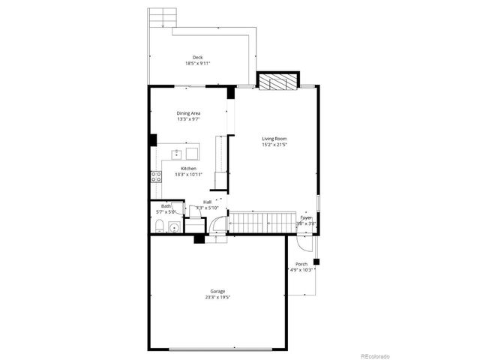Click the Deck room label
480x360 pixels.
[x=197, y=58]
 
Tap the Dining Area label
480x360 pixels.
[x=188, y=113]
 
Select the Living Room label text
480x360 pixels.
[x=274, y=139]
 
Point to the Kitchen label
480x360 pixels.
[x=188, y=169]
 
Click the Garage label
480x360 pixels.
[x=217, y=291]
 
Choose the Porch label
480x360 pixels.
[x=301, y=264]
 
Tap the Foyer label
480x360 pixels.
[x=306, y=217]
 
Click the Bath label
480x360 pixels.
[x=166, y=206]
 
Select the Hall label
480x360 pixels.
[x=207, y=202]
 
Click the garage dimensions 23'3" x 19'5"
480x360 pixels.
[x=217, y=298]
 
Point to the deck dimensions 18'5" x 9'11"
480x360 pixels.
[x=197, y=64]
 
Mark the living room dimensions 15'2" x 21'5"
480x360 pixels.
[x=274, y=145]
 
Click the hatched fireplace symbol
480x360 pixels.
[x=278, y=81]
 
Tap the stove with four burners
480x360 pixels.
[x=157, y=177]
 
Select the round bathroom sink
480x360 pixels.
[x=174, y=227]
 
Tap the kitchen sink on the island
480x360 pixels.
[x=177, y=154]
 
